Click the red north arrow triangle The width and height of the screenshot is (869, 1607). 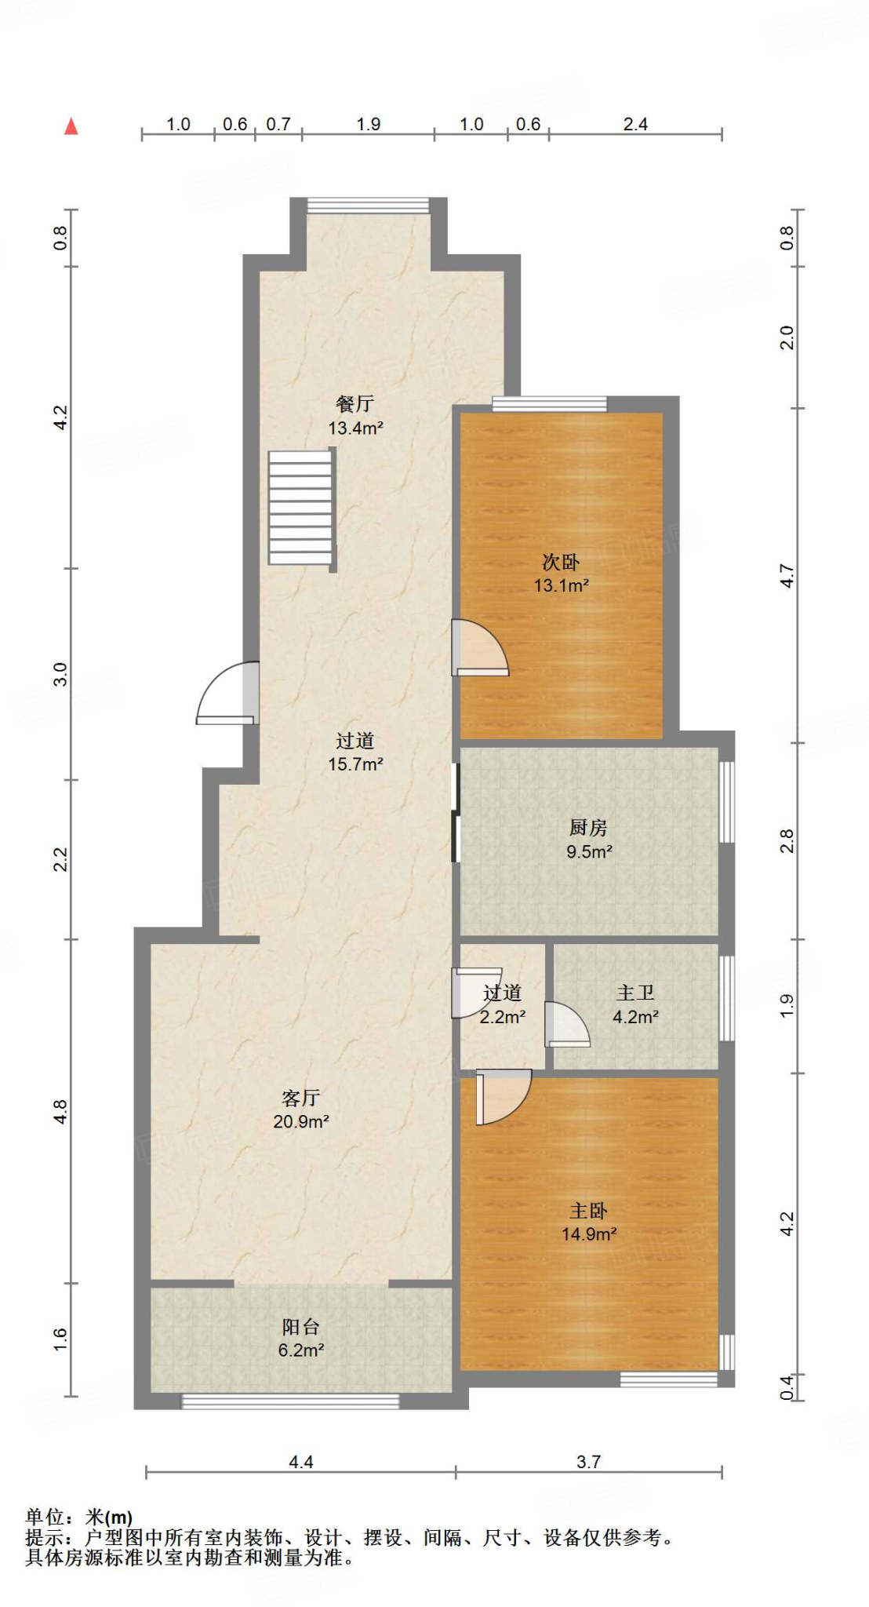(71, 126)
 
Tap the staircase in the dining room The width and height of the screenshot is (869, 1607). (301, 508)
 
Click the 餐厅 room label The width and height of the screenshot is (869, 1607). (355, 404)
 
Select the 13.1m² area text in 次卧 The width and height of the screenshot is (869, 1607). (561, 585)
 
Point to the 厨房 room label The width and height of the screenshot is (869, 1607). (588, 827)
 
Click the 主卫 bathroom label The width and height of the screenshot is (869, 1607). (635, 993)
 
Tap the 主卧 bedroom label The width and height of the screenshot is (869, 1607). (588, 1211)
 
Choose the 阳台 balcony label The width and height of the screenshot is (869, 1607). (301, 1327)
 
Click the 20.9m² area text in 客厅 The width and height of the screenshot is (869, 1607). (301, 1122)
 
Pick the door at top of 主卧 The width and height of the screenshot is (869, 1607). (502, 1095)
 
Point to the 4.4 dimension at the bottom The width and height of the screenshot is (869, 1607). (301, 1462)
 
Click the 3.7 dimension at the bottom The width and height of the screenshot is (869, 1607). (588, 1462)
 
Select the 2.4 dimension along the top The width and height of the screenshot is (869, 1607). (635, 124)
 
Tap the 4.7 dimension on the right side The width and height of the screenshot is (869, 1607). (787, 576)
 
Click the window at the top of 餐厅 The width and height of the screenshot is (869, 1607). (368, 206)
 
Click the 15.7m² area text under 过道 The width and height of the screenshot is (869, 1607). (355, 764)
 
